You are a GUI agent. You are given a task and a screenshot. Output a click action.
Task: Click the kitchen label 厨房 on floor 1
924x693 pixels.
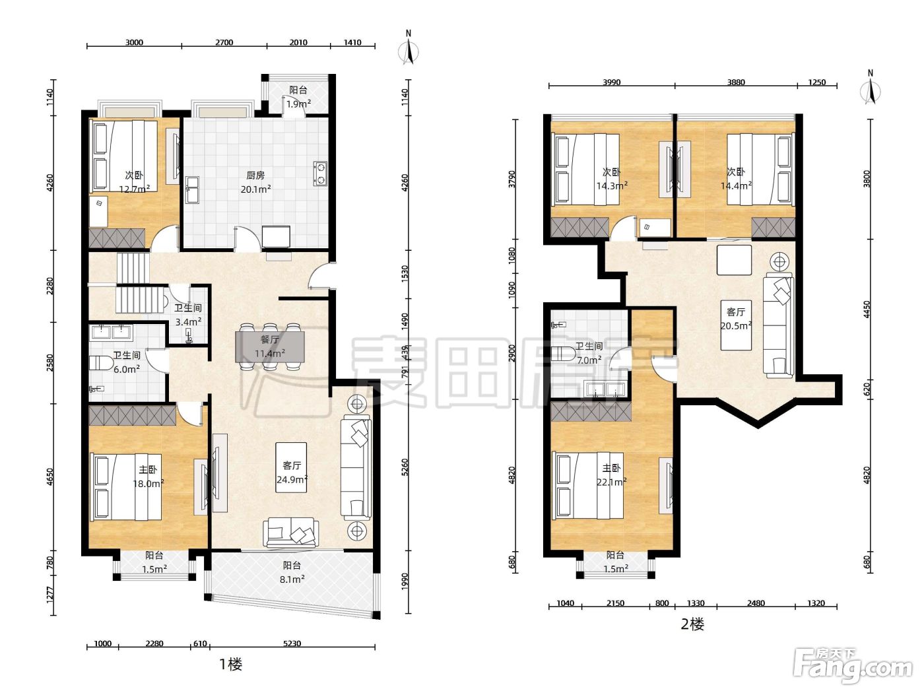[255, 175]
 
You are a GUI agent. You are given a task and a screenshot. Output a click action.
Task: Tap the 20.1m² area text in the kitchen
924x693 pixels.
[255, 189]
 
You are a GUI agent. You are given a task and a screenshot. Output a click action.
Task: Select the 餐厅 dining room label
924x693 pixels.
[270, 339]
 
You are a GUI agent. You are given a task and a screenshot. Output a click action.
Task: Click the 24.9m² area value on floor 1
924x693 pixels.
[292, 479]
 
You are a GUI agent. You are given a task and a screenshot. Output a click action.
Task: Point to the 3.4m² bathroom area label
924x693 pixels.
[188, 322]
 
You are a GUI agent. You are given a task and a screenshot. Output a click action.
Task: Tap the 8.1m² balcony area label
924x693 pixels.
[292, 579]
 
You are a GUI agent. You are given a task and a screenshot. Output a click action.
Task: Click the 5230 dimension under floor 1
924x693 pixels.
[292, 643]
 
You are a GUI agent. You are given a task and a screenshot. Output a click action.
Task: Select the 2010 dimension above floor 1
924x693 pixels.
[298, 42]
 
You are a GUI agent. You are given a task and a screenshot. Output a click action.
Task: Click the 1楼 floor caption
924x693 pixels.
[231, 665]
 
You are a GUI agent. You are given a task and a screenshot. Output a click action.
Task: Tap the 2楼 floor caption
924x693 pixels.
[692, 624]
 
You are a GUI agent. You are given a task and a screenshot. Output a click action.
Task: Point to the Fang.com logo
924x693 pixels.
[853, 667]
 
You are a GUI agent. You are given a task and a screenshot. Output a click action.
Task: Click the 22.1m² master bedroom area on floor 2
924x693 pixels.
[611, 482]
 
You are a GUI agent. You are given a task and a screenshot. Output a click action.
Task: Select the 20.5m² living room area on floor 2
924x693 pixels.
[736, 325]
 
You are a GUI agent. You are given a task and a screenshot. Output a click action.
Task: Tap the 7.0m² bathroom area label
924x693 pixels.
[589, 360]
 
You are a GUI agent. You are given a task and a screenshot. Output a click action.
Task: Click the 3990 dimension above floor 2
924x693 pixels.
[611, 82]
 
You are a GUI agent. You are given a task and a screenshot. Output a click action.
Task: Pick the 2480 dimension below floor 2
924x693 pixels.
[756, 603]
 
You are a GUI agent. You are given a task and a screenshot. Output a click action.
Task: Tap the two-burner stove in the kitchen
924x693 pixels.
[320, 174]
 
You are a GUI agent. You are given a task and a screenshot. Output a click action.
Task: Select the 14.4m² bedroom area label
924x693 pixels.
[736, 185]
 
